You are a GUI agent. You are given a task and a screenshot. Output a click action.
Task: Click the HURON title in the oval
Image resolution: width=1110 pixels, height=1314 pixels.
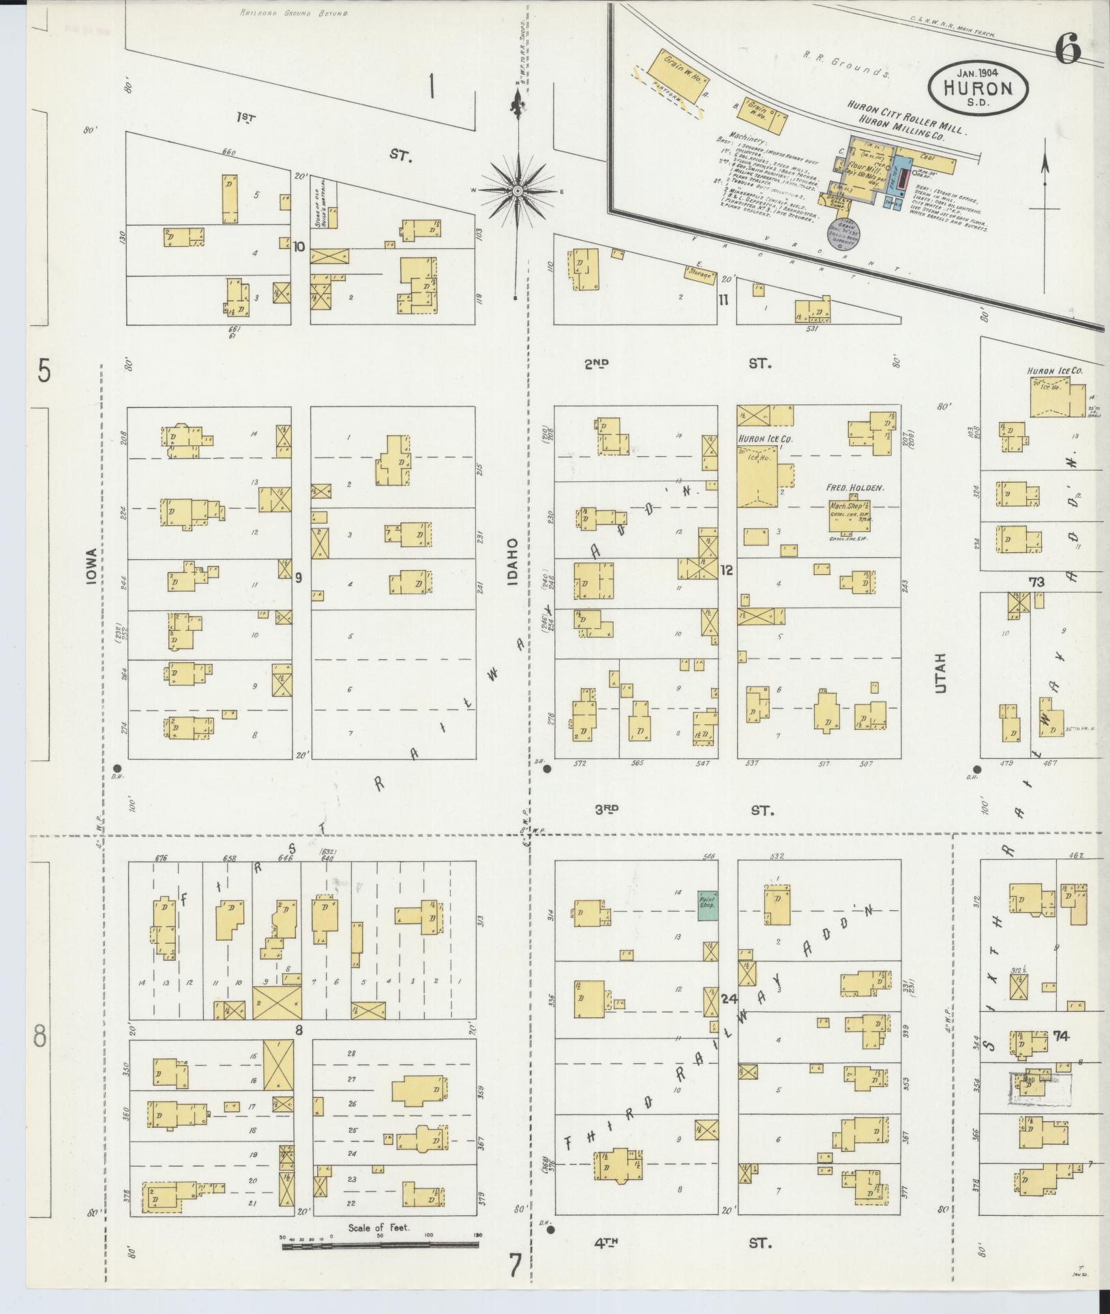(x=978, y=87)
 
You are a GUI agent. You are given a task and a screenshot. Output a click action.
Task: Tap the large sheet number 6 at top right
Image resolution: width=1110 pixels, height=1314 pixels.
(x=1068, y=50)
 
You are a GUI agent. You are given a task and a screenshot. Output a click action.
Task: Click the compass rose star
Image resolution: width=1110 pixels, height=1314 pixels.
(x=518, y=190)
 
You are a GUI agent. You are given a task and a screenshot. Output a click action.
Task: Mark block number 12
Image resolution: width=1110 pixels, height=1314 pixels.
(x=726, y=570)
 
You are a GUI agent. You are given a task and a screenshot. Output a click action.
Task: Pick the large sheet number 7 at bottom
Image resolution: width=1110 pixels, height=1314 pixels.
(x=515, y=1266)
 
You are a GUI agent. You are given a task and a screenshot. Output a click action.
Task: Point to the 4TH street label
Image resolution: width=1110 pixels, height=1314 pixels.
(x=605, y=1242)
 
